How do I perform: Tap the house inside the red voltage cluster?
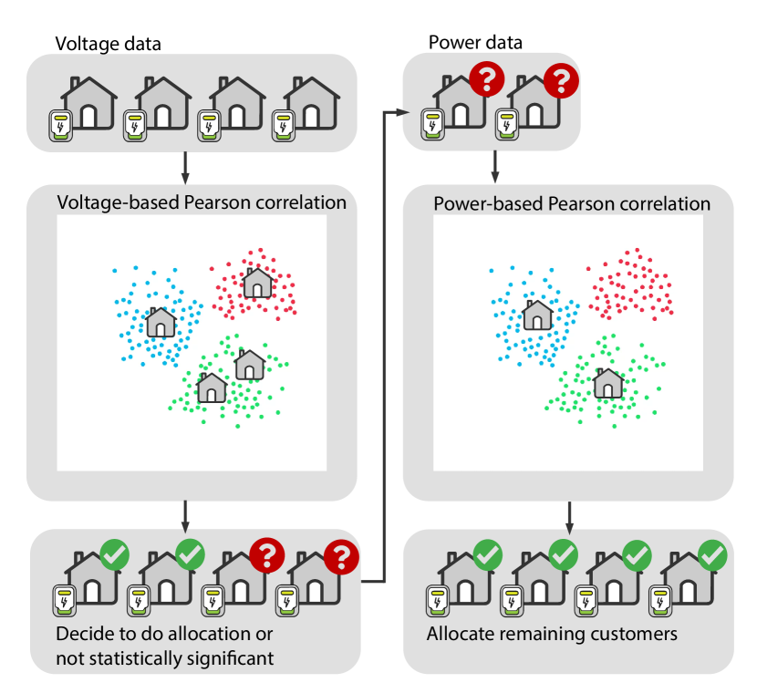(x=257, y=283)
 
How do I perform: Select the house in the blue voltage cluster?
(x=161, y=322)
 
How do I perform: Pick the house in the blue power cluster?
(x=537, y=315)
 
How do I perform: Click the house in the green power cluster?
(x=608, y=383)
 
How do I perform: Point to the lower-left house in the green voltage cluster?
(x=212, y=388)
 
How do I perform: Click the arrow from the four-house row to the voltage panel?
(x=186, y=167)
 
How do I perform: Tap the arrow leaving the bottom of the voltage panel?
(x=186, y=516)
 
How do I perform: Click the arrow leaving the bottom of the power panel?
(x=571, y=516)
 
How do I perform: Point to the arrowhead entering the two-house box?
(x=398, y=112)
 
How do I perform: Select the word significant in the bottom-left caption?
(x=227, y=657)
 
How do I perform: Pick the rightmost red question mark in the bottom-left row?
(x=341, y=555)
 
